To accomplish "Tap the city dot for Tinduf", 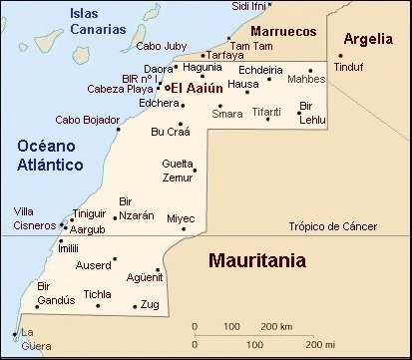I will pos(340,55).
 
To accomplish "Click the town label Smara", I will pos(226,113).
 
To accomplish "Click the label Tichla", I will pos(98,294).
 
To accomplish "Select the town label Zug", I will pos(151,304).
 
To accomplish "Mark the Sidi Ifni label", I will pos(249,6).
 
